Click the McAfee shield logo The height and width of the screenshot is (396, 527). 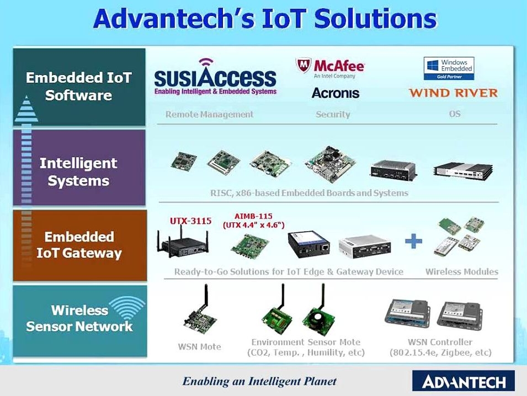coord(303,65)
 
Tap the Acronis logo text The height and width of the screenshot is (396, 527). coord(336,93)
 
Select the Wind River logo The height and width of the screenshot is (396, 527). coord(454,93)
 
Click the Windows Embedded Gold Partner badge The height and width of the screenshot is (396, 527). coord(449,68)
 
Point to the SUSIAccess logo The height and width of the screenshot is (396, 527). coord(215,77)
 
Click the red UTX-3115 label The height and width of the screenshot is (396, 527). coord(190,221)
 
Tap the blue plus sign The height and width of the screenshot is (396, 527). coord(413,242)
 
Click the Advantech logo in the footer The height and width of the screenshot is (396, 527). coord(464,381)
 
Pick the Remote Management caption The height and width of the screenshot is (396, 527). coord(209,114)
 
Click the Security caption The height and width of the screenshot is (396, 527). coord(333,114)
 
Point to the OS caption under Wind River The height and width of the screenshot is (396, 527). coord(454,114)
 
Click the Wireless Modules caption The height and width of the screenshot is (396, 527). coord(462,271)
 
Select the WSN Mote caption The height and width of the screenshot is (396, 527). coord(200,346)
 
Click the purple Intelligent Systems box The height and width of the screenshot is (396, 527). coord(79,167)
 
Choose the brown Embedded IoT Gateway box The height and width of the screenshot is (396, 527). coord(80,245)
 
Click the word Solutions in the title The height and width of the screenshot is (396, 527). coord(375,18)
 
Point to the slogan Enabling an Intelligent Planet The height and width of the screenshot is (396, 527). coord(259,381)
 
